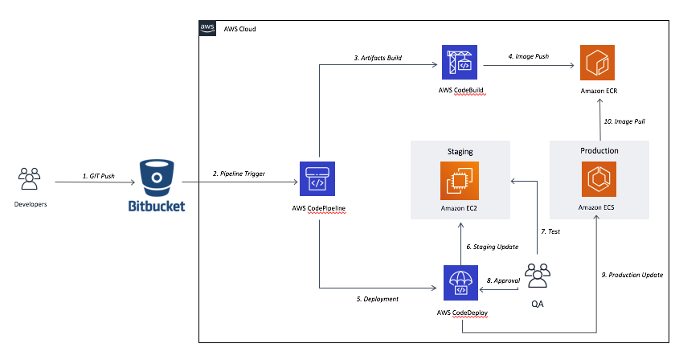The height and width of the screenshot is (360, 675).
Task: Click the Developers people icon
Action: coord(29,178)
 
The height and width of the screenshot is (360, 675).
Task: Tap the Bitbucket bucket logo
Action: coord(157,178)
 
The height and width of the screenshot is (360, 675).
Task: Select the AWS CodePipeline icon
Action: coord(317,178)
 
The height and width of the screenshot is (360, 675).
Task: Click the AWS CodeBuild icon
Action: coord(460,62)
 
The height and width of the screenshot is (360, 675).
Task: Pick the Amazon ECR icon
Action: coord(598,63)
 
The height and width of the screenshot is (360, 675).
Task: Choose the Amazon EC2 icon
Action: coord(460,181)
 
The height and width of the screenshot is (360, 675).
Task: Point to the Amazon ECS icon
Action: coord(599,179)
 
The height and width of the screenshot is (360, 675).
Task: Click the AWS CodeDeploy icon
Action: coord(460,283)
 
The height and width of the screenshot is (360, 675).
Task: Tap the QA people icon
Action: coord(538,276)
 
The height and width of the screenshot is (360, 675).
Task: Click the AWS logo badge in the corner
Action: coord(207,28)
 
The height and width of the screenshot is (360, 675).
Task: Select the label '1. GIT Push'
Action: coord(99,176)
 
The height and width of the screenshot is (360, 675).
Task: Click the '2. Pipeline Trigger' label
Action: coord(239,174)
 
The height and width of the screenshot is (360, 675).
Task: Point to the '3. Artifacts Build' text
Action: coord(378,58)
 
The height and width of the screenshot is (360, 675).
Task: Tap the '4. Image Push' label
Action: coord(528,56)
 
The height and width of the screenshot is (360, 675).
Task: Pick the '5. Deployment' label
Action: coord(377,299)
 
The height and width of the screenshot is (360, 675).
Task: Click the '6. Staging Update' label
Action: coord(492,247)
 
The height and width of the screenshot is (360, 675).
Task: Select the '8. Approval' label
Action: coord(503,280)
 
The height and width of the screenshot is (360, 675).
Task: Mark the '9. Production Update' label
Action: coord(632,275)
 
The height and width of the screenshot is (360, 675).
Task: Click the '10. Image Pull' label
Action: coord(624,121)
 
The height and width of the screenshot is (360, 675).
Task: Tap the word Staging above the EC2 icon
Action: coord(460,152)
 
